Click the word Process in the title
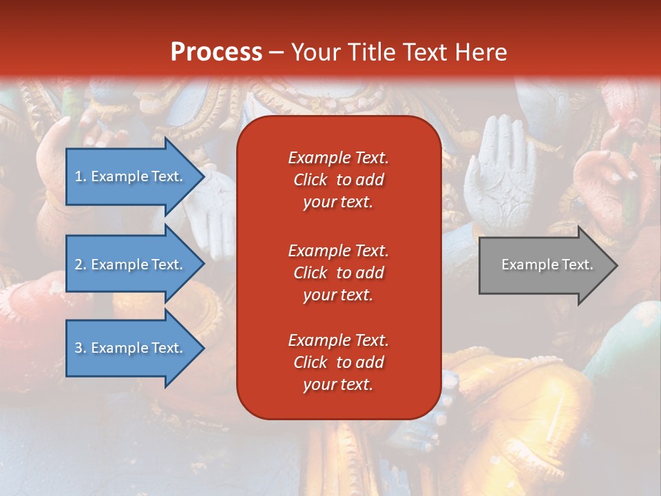coord(216,52)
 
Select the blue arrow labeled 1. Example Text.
coord(131,176)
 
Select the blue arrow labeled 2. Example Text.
coord(131,265)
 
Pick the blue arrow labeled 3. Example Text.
coord(131,348)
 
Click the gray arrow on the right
coord(544,265)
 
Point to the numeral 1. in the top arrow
coord(81,176)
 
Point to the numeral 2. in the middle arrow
coord(81,265)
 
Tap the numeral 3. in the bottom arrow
coord(81,348)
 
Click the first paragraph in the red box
coord(338,180)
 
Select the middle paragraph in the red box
coord(338,273)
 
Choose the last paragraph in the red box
coord(338,362)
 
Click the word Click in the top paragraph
coord(311,180)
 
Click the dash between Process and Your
coord(276,52)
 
